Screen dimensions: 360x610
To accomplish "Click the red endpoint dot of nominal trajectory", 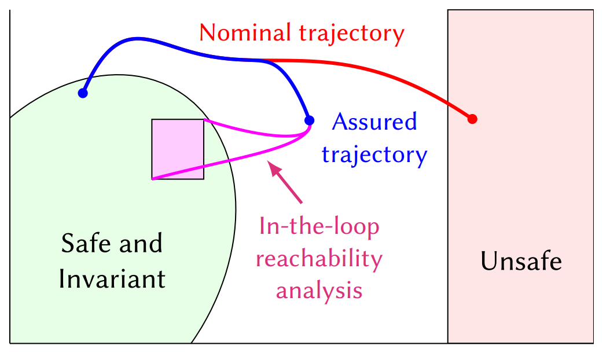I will coord(472,119).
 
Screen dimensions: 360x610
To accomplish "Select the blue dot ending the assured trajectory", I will coord(310,120).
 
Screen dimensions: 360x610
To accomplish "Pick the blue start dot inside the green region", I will coord(83,93).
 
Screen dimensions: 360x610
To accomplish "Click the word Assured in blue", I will coord(374,122).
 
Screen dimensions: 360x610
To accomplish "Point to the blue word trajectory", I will coord(374,155).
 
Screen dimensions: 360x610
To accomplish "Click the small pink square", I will coord(178,149).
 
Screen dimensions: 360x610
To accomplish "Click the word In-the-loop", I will coord(319,226).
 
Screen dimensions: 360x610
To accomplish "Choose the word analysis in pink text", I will coord(319,289).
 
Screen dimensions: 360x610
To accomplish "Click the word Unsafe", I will coord(521,262).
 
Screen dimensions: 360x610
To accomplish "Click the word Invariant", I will coord(112,279).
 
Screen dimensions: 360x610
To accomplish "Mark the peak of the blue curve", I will coord(137,39).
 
